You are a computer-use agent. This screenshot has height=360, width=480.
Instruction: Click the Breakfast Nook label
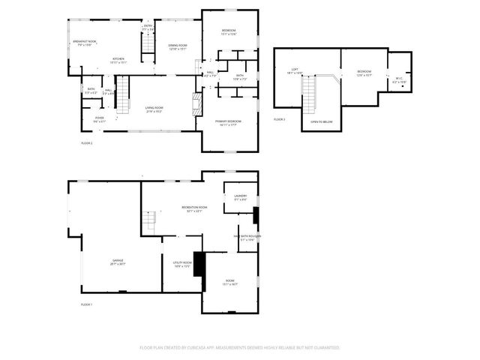coord(83,42)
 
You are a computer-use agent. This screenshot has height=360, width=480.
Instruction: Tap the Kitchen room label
coord(118,60)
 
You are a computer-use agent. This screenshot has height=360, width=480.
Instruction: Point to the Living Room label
coord(154,109)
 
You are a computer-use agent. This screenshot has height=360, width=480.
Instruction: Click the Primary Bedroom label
coord(228,122)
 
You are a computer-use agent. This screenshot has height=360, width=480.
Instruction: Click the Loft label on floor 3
coord(293,72)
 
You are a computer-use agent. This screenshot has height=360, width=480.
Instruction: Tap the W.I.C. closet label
coord(398,81)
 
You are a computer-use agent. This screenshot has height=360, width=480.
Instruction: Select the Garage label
coord(118,262)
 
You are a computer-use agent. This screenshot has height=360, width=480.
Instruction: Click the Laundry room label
coord(240,197)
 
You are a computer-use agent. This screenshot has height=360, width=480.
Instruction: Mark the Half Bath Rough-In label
coord(247,238)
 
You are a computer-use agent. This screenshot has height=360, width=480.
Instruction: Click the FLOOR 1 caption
coord(86,304)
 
